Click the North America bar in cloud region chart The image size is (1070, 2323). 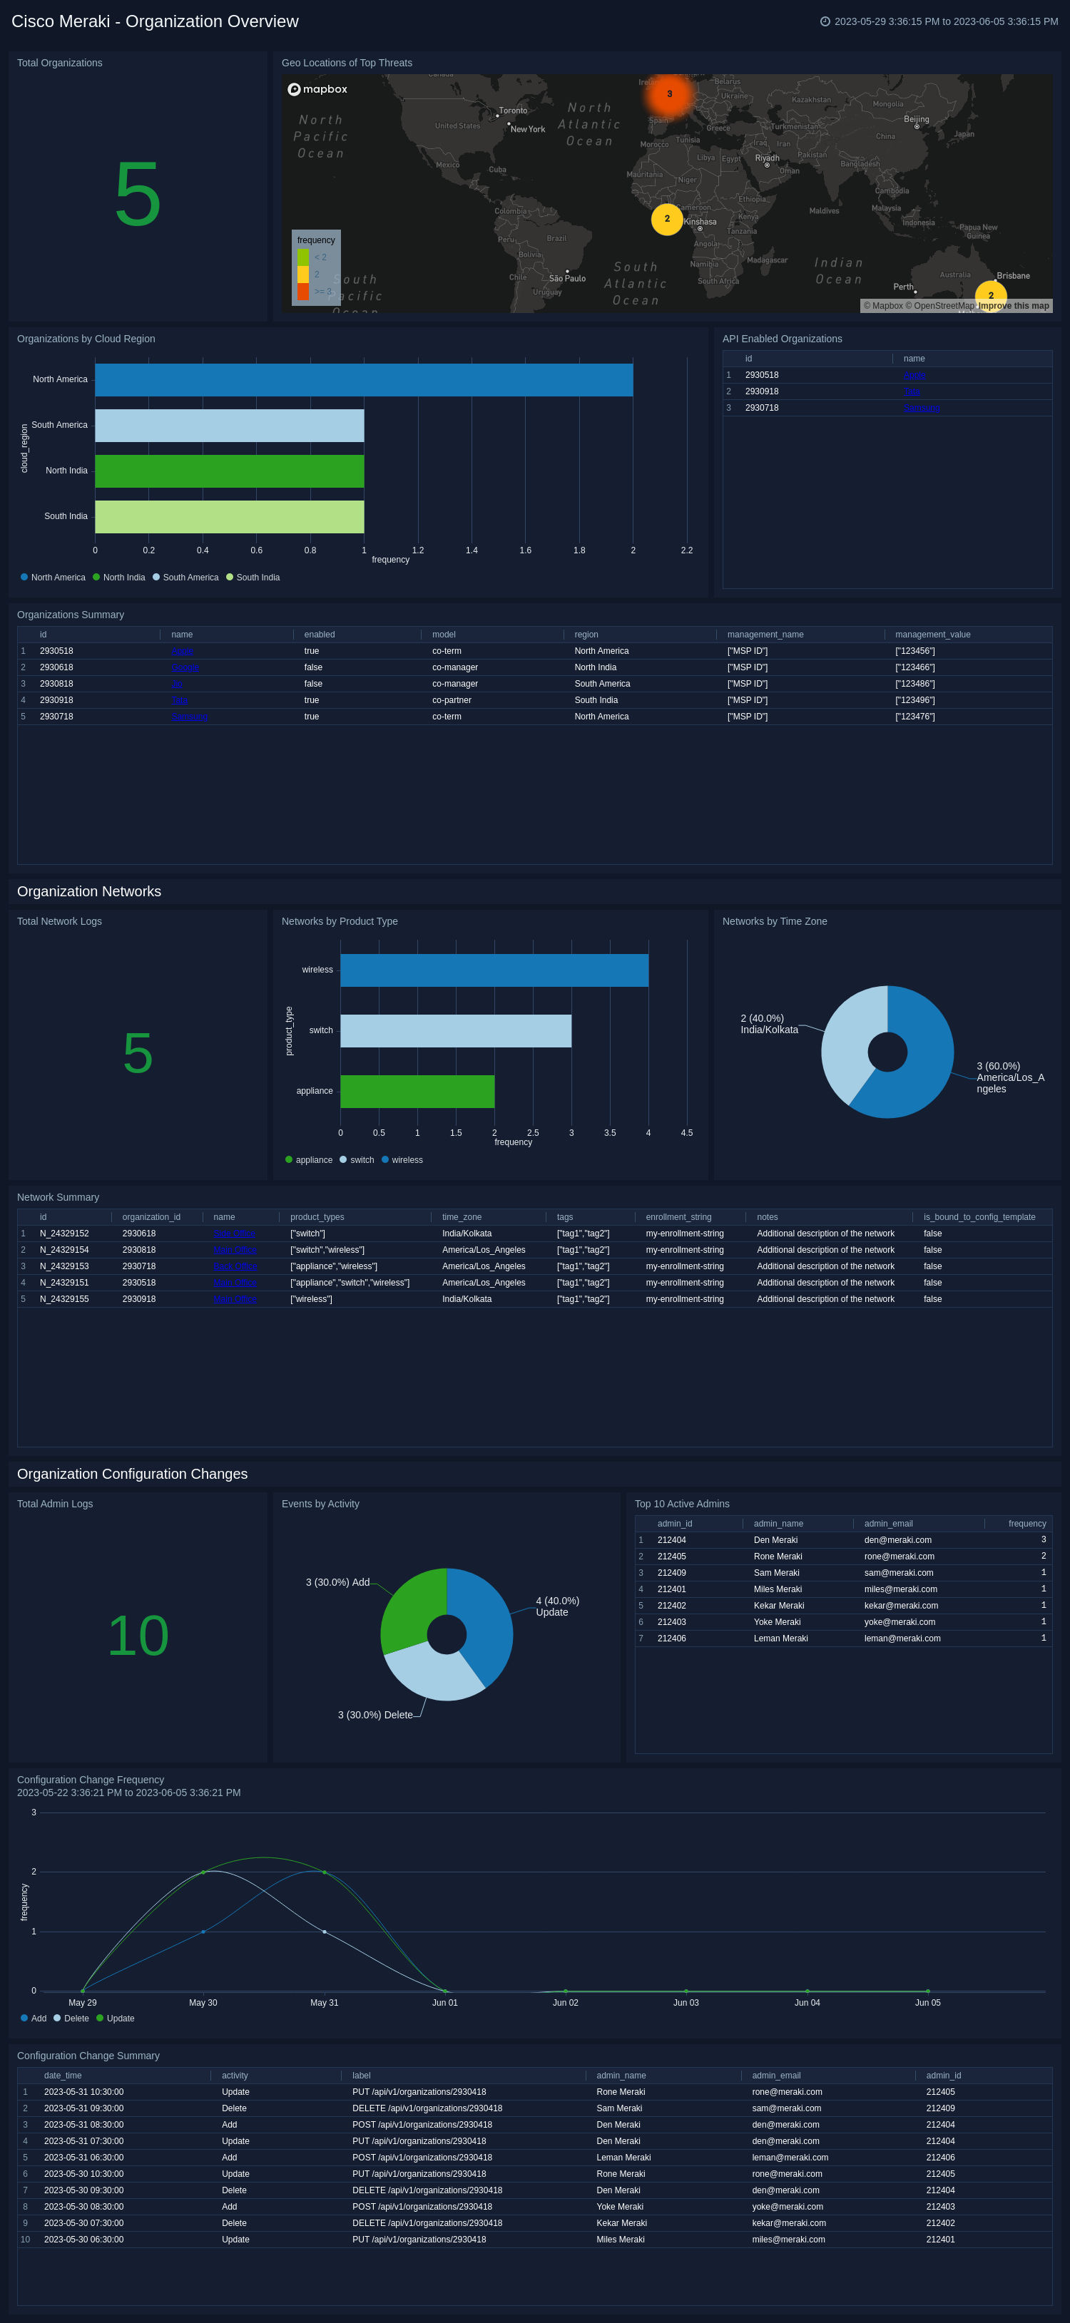364,379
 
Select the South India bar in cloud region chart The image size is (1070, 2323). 229,517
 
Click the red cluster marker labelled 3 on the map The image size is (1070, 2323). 669,94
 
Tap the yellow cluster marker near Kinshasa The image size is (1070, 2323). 667,219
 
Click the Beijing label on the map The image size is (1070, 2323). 916,119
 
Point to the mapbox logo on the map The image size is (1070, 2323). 317,89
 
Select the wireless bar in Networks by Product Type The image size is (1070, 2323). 494,970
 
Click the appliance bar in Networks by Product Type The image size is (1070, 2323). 417,1091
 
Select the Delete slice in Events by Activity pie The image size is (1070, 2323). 429,1673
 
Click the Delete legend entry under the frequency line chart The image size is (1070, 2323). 71,2019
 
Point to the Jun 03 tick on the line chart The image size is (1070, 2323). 686,2002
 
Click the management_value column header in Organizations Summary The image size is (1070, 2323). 932,635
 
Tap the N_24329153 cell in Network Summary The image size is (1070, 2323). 64,1266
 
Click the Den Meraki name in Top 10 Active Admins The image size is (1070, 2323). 775,1540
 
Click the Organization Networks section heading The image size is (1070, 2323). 89,891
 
